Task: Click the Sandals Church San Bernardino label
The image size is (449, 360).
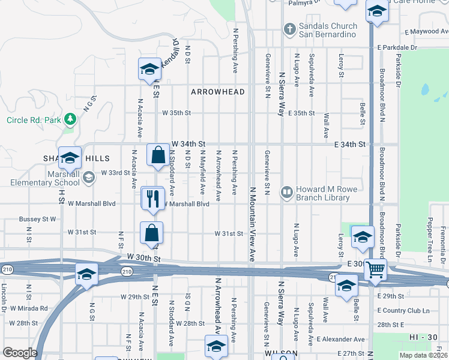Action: click(328, 30)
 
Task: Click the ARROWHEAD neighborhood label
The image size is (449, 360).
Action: click(218, 92)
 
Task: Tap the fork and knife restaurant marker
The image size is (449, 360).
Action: click(152, 198)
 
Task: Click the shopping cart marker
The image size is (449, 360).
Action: click(375, 270)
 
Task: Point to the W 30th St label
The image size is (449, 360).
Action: click(144, 258)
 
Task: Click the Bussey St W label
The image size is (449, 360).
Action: click(37, 219)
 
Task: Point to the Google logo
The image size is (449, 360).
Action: click(20, 353)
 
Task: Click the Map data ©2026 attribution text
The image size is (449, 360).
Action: click(423, 355)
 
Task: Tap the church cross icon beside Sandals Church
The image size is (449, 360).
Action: click(289, 29)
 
